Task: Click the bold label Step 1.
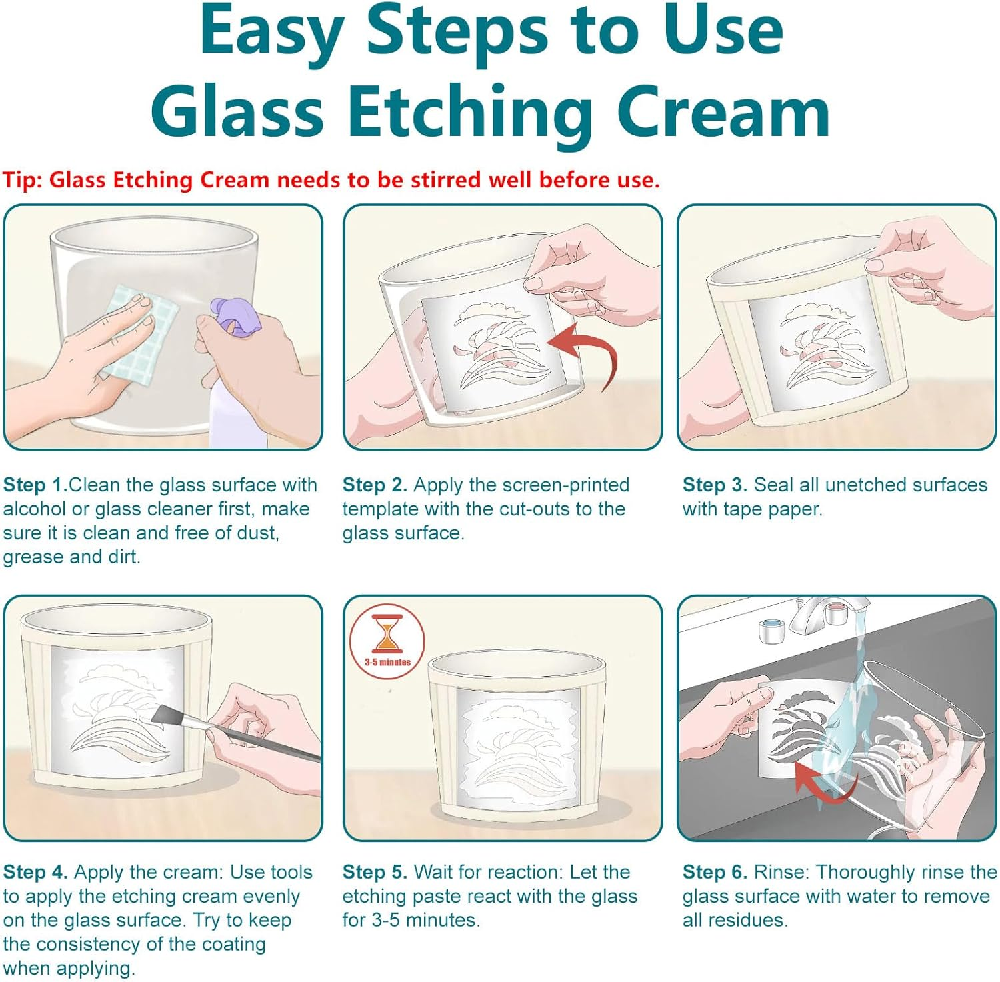point(35,485)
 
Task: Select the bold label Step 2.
point(375,485)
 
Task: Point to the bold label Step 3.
point(715,485)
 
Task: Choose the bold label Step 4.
point(35,873)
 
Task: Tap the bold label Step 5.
point(375,873)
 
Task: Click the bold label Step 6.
point(715,873)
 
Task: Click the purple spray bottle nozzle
point(231,315)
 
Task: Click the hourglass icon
point(386,633)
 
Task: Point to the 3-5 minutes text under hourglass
point(387,662)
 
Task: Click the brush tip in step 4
point(162,715)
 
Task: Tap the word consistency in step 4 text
point(88,945)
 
